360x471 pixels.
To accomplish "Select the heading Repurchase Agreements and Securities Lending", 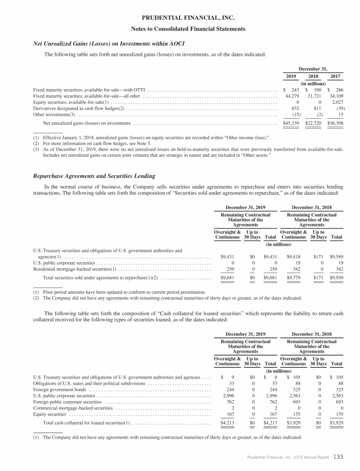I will pos(94,176).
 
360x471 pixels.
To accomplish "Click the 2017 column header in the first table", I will pos(335,76).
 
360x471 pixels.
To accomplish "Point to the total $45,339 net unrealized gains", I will pos(292,123).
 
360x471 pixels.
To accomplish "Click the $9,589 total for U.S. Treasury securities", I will pos(336,257).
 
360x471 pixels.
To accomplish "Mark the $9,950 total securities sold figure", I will pos(336,278).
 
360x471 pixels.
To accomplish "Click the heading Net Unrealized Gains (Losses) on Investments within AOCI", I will pos(109,44).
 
